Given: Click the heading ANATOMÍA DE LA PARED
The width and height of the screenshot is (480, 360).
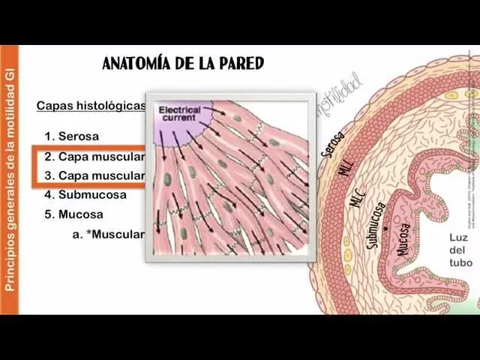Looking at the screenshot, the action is pos(183,63).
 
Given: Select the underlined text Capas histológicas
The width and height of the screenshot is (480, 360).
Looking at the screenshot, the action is pos(91,106).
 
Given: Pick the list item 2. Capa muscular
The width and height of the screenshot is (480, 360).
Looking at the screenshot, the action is pos(94,157).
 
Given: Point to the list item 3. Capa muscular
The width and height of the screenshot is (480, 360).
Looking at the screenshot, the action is pos(94,175).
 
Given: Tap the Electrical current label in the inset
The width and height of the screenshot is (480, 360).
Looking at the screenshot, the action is pos(180,113).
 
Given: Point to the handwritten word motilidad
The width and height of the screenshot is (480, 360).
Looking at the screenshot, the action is pos(341,94).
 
